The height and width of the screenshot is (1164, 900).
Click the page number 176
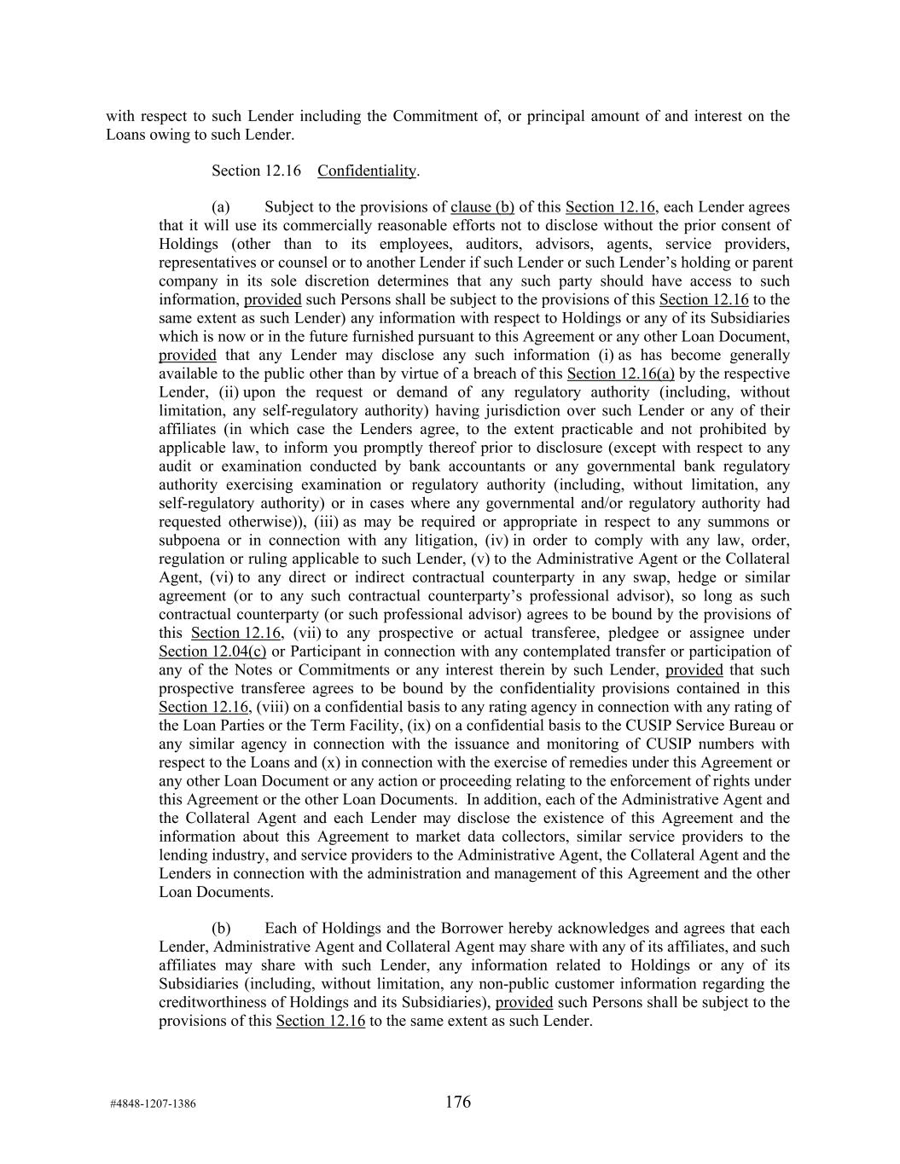tap(457, 1102)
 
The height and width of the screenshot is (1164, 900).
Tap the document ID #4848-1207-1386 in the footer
tap(153, 1104)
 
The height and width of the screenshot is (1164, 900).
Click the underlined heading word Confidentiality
tap(366, 171)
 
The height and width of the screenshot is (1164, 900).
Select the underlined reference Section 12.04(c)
tap(212, 651)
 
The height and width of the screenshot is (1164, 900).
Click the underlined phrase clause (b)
tap(482, 207)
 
